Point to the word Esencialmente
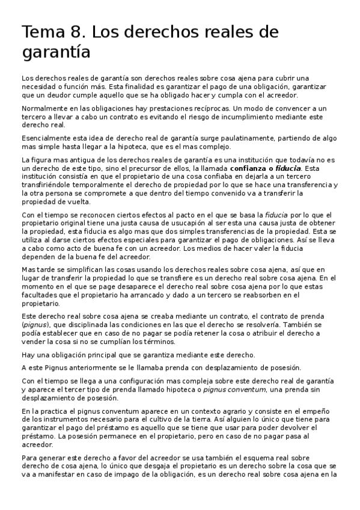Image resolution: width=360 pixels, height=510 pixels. pos(46,138)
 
